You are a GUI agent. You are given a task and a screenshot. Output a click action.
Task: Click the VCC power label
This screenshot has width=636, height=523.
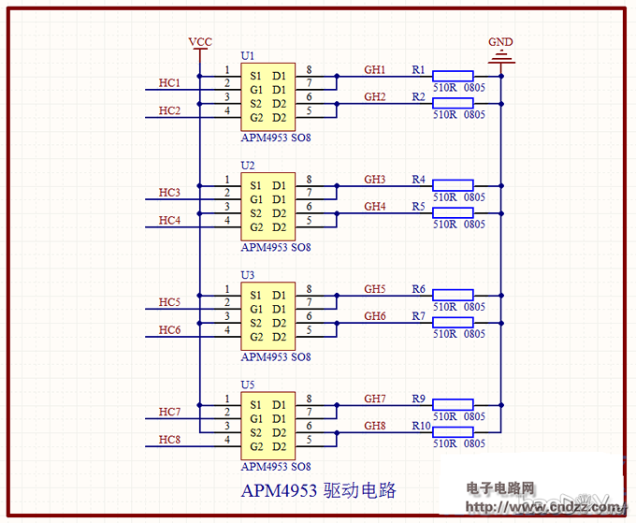point(200,42)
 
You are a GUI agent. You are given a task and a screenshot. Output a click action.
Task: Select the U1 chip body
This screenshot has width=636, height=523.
point(267,97)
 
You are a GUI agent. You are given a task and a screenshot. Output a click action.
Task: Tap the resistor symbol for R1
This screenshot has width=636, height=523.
point(453,76)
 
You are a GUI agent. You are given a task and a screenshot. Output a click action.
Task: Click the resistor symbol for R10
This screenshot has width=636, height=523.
point(453,431)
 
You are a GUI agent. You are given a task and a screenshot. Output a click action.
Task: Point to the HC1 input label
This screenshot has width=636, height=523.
point(169,83)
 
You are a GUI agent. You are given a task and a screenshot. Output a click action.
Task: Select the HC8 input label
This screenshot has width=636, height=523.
point(169,439)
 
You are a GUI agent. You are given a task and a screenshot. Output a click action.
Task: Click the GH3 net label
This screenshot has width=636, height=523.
point(375,179)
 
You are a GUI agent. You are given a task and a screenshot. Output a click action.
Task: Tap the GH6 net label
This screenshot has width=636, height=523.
point(375,316)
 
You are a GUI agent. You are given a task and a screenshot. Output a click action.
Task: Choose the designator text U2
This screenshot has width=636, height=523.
point(247,166)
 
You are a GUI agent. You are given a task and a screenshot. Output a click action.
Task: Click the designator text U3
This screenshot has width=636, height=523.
point(247,275)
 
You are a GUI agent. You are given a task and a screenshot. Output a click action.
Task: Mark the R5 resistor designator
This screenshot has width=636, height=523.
point(418,206)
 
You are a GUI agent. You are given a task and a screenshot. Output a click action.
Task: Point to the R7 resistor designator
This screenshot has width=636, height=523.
point(418,316)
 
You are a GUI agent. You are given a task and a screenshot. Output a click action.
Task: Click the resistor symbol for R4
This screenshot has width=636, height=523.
point(453,185)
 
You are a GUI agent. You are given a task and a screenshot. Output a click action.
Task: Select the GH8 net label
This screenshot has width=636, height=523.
point(375,426)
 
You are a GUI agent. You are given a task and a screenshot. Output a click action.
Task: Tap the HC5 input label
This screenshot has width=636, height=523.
point(169,302)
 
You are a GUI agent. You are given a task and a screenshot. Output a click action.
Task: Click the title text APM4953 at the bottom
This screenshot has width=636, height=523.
point(279,491)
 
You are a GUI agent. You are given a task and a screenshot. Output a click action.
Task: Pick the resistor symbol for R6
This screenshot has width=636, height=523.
point(453,295)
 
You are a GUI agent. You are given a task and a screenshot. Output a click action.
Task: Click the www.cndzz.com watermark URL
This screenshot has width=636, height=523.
point(543,507)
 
